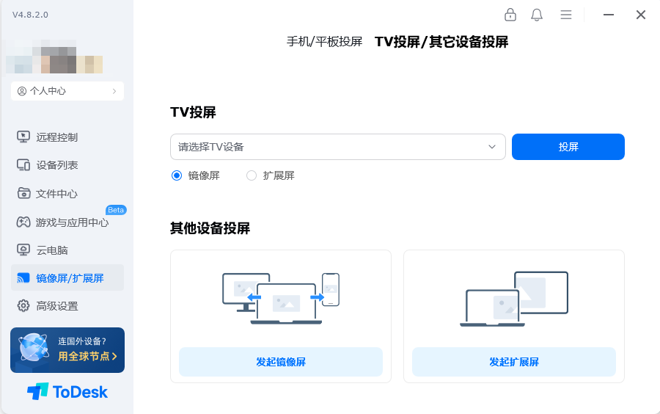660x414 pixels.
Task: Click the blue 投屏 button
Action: pos(568,147)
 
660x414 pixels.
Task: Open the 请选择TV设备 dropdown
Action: pos(337,147)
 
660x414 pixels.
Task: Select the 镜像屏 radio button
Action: pos(176,175)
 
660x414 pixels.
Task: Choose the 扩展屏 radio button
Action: pos(252,175)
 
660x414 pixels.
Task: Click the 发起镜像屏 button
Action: pos(281,362)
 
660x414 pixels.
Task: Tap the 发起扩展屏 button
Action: pos(514,362)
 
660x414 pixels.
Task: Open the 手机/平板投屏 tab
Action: pos(324,42)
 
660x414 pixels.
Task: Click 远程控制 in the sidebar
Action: pos(57,137)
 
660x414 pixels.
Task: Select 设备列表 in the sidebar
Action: pos(57,165)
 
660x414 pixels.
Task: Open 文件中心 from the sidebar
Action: pos(57,194)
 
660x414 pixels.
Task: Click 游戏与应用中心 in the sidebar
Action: pos(72,222)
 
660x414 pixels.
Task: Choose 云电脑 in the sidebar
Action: pos(52,250)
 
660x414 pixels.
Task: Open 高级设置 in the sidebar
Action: pos(57,306)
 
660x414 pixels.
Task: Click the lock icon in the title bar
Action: pos(510,15)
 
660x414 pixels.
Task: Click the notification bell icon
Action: pos(537,15)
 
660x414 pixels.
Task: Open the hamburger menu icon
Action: pos(566,15)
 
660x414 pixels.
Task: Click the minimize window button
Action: pos(608,15)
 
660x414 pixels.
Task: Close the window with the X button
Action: pos(640,15)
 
